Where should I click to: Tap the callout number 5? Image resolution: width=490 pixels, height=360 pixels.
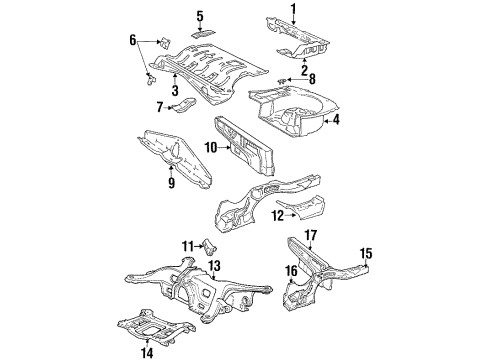pos(200,16)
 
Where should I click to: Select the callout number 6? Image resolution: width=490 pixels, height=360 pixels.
pos(133,41)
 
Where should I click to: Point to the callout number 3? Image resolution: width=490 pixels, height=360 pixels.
pos(175,90)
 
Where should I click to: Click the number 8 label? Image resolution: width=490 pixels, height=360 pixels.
pos(312,79)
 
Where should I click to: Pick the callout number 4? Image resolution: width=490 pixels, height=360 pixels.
pos(336,120)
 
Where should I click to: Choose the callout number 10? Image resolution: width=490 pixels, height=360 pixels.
pos(211,147)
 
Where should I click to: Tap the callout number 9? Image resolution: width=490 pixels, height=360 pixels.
pos(171,183)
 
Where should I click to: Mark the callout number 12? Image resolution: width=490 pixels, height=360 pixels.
pos(278,216)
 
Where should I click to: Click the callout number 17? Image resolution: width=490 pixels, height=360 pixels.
pos(311,235)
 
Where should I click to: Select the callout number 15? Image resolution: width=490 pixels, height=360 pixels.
pos(366,253)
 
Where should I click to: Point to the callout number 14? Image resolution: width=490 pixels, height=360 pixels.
pos(147,353)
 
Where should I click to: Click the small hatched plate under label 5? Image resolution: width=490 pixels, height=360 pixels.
pos(203,34)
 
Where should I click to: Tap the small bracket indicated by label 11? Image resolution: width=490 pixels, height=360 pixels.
pos(210,247)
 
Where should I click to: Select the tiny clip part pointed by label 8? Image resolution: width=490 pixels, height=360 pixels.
pos(282,80)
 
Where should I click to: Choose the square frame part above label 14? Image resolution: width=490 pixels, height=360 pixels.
pos(156,327)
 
